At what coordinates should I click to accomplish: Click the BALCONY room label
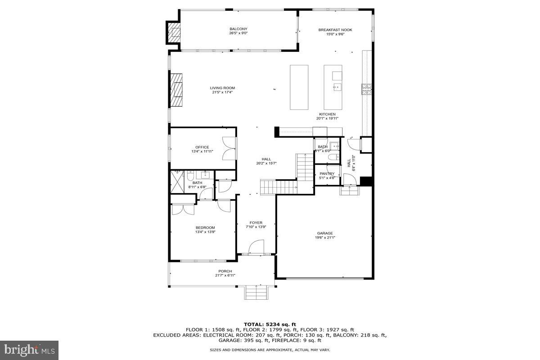click(238, 29)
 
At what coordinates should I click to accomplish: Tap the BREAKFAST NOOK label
click(335, 30)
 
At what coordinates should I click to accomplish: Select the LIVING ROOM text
click(222, 88)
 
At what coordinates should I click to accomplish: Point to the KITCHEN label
click(327, 114)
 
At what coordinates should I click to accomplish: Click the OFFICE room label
click(202, 147)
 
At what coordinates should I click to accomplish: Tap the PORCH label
click(225, 271)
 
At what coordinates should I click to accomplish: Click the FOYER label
click(256, 223)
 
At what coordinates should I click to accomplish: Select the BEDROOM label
click(205, 227)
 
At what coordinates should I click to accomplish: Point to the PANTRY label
click(327, 173)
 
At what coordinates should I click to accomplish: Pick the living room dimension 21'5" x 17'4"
click(222, 92)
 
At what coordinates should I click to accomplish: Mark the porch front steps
click(258, 293)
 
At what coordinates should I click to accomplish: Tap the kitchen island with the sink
click(333, 84)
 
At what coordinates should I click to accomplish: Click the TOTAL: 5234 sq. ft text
click(270, 324)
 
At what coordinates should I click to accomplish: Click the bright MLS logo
click(29, 349)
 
